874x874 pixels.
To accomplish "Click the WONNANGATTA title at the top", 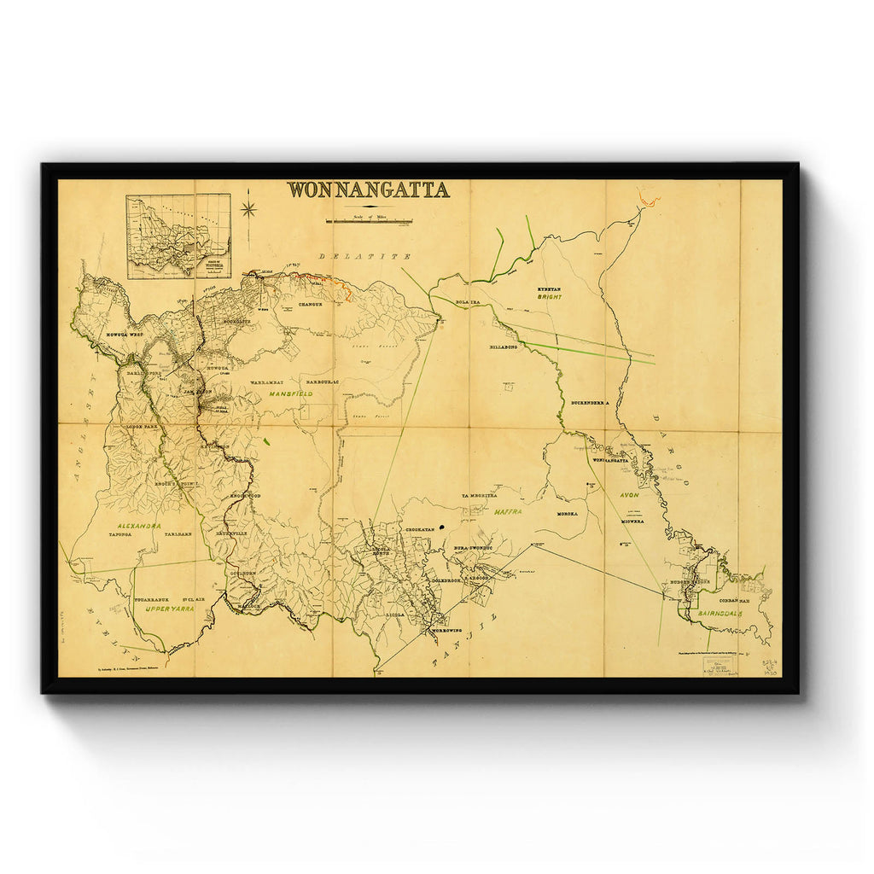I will (x=368, y=189).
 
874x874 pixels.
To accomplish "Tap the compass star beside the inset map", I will (x=249, y=209).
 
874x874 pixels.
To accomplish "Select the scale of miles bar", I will (x=369, y=221).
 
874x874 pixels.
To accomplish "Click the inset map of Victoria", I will (x=178, y=236).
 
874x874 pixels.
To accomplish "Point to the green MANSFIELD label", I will (x=290, y=394).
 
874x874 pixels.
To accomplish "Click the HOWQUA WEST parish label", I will (x=124, y=335).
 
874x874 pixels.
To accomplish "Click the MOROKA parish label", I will (x=568, y=514).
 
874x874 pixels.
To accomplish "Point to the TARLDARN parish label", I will (x=178, y=533).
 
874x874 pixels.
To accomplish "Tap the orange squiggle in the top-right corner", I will (x=650, y=201).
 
